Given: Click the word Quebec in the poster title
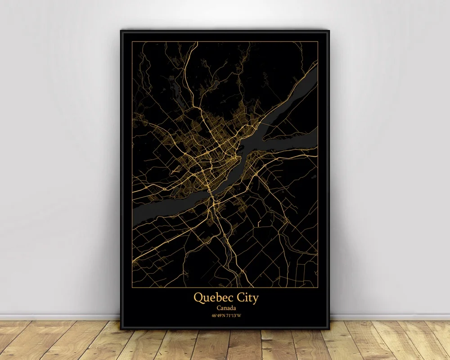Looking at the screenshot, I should (212, 297).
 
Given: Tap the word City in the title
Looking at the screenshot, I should (246, 298).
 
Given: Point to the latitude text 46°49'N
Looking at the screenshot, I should (219, 315).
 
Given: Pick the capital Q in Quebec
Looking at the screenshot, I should (198, 297).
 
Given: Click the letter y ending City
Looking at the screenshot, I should (256, 299).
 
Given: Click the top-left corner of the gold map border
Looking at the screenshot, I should (132, 42).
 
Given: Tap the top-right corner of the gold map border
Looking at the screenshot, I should (318, 42).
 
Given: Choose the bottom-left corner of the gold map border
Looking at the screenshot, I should (132, 288).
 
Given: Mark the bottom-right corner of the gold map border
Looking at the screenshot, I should (318, 288).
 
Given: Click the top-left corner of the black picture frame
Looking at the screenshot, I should (121, 30).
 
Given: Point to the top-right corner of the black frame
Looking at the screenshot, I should (329, 30).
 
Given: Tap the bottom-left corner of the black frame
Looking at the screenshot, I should (121, 329).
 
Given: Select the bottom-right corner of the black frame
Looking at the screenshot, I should (329, 329).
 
